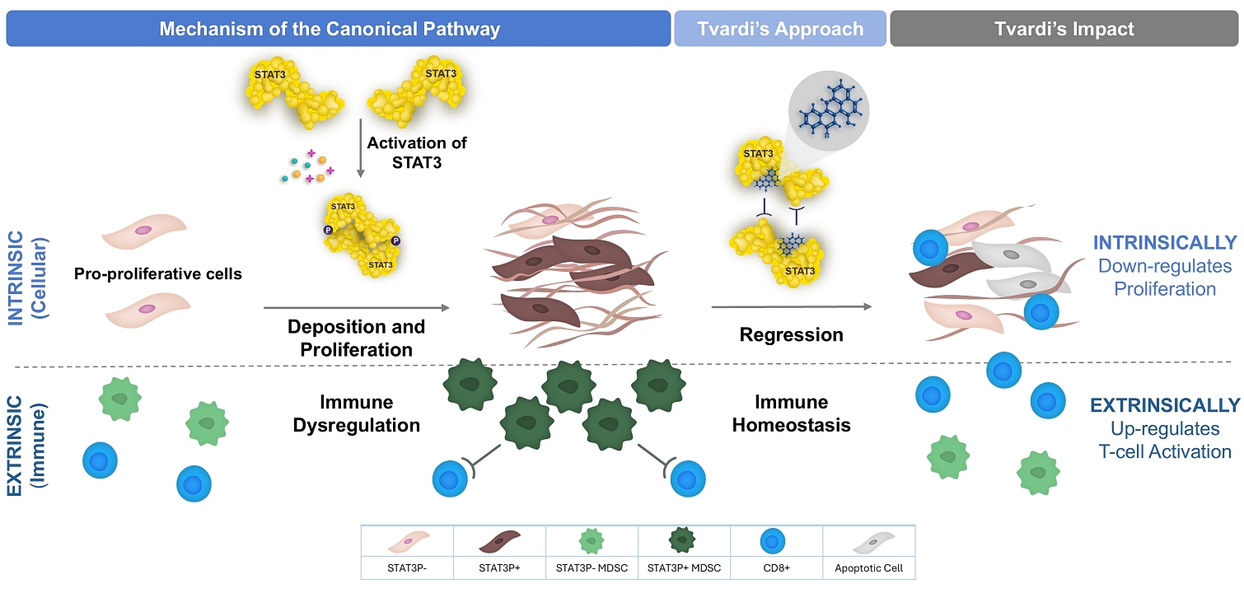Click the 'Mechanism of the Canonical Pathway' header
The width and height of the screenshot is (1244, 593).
(x=330, y=29)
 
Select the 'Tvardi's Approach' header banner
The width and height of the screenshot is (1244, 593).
(x=780, y=29)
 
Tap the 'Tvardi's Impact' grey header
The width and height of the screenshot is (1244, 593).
(x=1064, y=29)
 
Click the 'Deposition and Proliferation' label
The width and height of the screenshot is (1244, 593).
(x=356, y=338)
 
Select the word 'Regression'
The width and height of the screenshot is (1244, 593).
(x=791, y=335)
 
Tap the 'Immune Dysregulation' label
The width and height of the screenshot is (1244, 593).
(x=357, y=414)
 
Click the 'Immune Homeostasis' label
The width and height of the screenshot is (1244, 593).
(x=791, y=414)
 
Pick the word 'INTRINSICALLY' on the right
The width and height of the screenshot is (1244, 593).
(x=1165, y=243)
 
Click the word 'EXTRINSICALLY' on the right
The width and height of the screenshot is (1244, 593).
(x=1165, y=405)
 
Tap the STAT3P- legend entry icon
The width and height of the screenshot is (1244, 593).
(x=407, y=543)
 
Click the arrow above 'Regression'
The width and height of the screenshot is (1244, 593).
(x=791, y=307)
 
